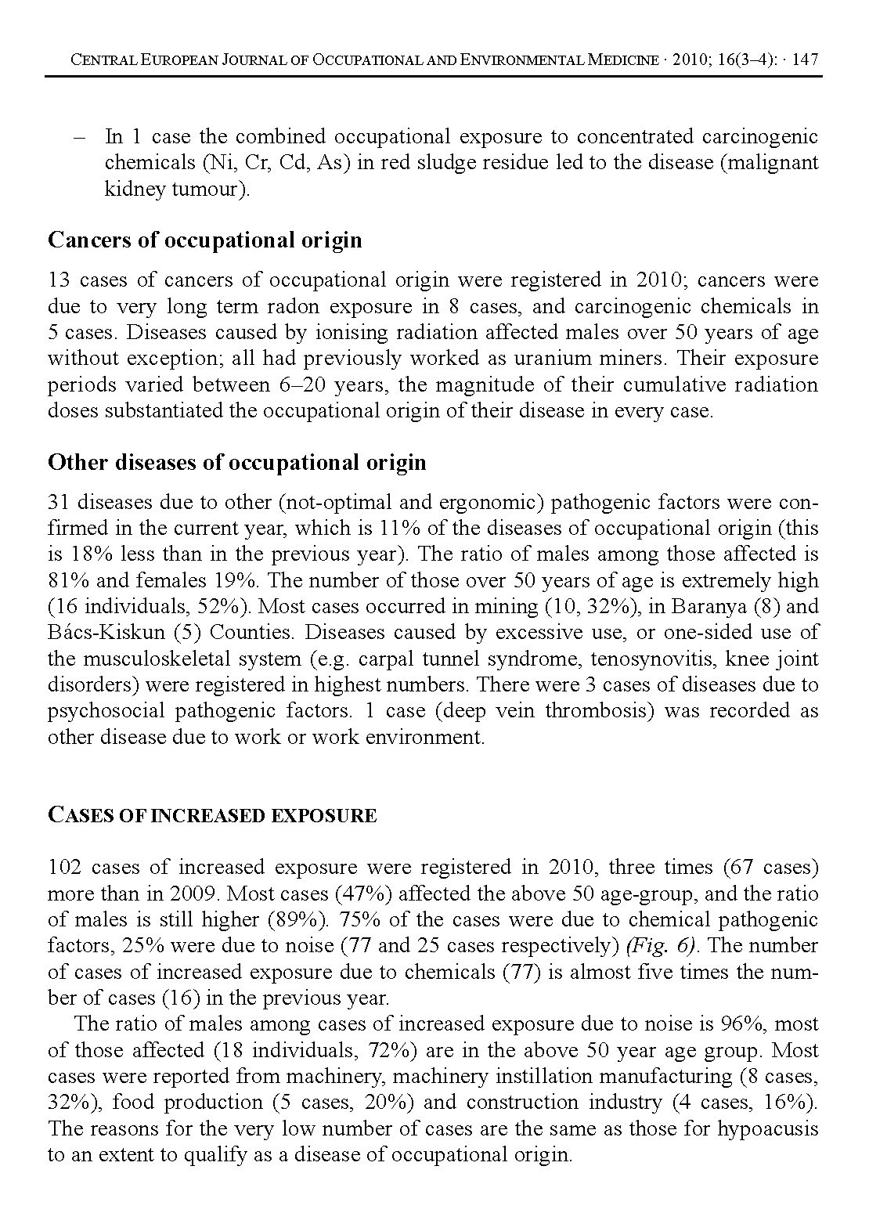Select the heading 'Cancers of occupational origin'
click(x=205, y=240)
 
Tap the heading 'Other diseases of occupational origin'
click(x=237, y=463)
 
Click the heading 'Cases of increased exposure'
click(x=212, y=815)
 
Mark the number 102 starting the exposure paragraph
click(x=64, y=867)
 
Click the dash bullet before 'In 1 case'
click(x=78, y=137)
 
